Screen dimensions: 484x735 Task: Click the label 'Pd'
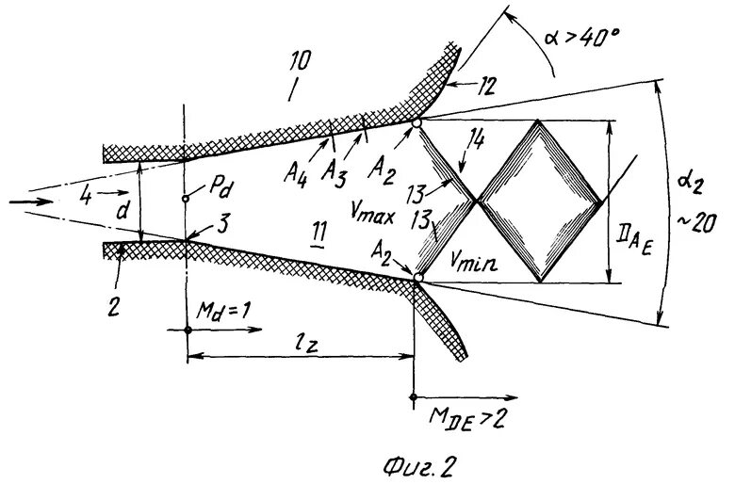point(221,187)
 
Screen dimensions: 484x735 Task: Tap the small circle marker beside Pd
point(187,199)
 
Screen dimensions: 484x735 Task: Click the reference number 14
point(477,141)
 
